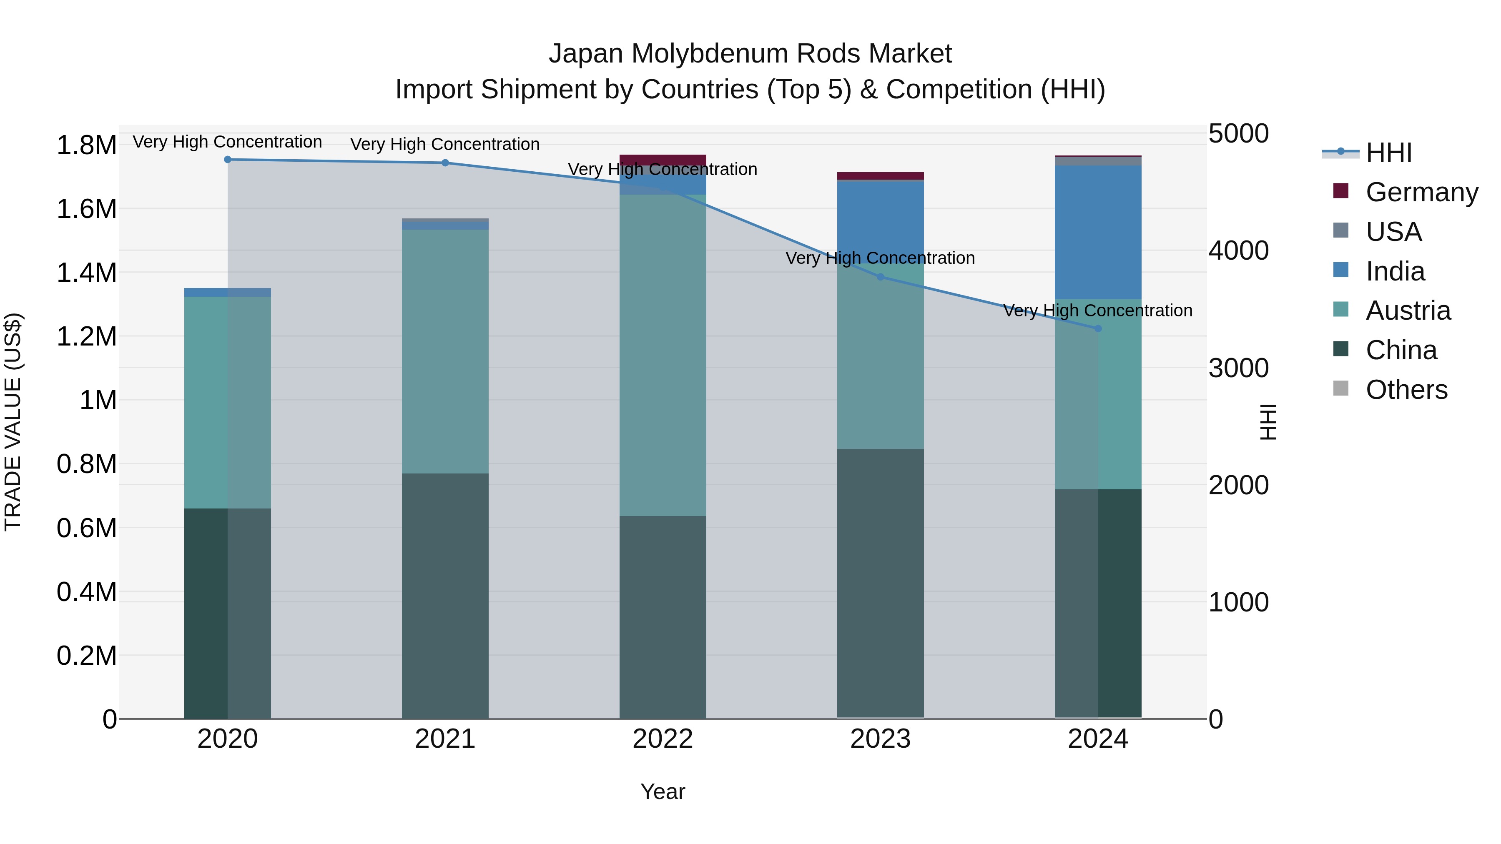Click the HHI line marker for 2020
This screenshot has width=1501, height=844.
click(x=228, y=160)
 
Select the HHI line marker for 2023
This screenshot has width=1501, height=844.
click(x=881, y=277)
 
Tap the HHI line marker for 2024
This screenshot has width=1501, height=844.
click(x=1098, y=328)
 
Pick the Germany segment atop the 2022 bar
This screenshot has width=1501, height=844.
click(x=663, y=160)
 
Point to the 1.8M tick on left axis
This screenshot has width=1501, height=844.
click(x=86, y=145)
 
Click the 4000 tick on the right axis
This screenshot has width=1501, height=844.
click(x=1238, y=250)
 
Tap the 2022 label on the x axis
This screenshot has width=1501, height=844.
click(x=663, y=739)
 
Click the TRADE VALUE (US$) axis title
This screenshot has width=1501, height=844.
click(x=13, y=422)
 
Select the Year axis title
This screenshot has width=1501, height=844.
click(x=663, y=791)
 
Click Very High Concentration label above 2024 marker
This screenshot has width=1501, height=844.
click(x=1098, y=311)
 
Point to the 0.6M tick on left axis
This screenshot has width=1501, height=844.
click(x=86, y=528)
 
